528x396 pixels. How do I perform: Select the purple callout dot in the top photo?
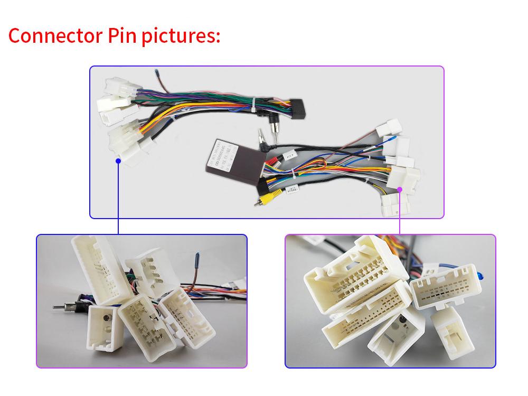point(400,188)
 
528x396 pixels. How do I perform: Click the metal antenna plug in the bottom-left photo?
point(61,306)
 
